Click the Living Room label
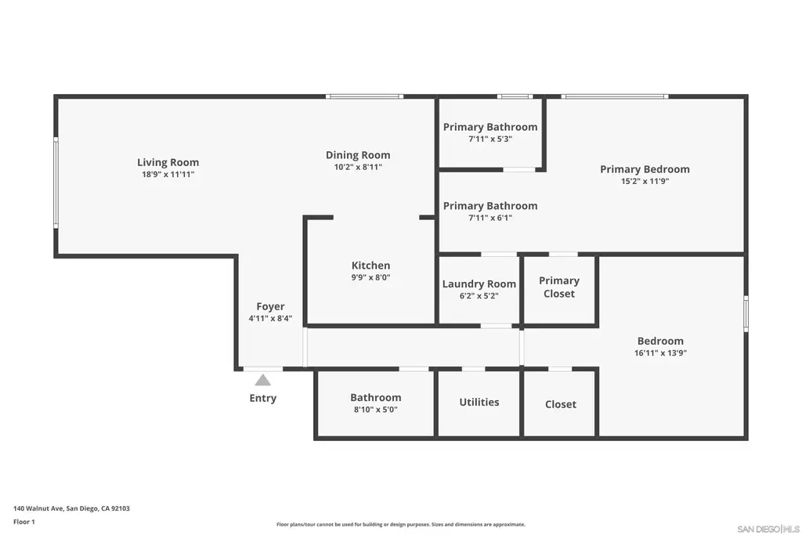point(168,162)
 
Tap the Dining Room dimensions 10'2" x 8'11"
point(358,167)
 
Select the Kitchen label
point(370,266)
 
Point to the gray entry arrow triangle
point(263,379)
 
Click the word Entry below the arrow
point(263,398)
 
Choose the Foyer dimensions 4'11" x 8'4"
point(270,318)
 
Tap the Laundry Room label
point(479,284)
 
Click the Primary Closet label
point(559,287)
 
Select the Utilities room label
point(479,402)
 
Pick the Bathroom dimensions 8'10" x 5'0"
point(376,409)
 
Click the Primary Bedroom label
point(645,169)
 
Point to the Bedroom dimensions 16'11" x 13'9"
point(660,352)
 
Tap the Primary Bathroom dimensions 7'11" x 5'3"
point(490,139)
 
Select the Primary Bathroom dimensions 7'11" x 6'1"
point(490,218)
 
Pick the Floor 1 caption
point(24,522)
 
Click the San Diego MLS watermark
point(768,529)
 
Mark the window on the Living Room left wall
point(56,182)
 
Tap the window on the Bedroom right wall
point(746,313)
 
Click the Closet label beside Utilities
point(561,404)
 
